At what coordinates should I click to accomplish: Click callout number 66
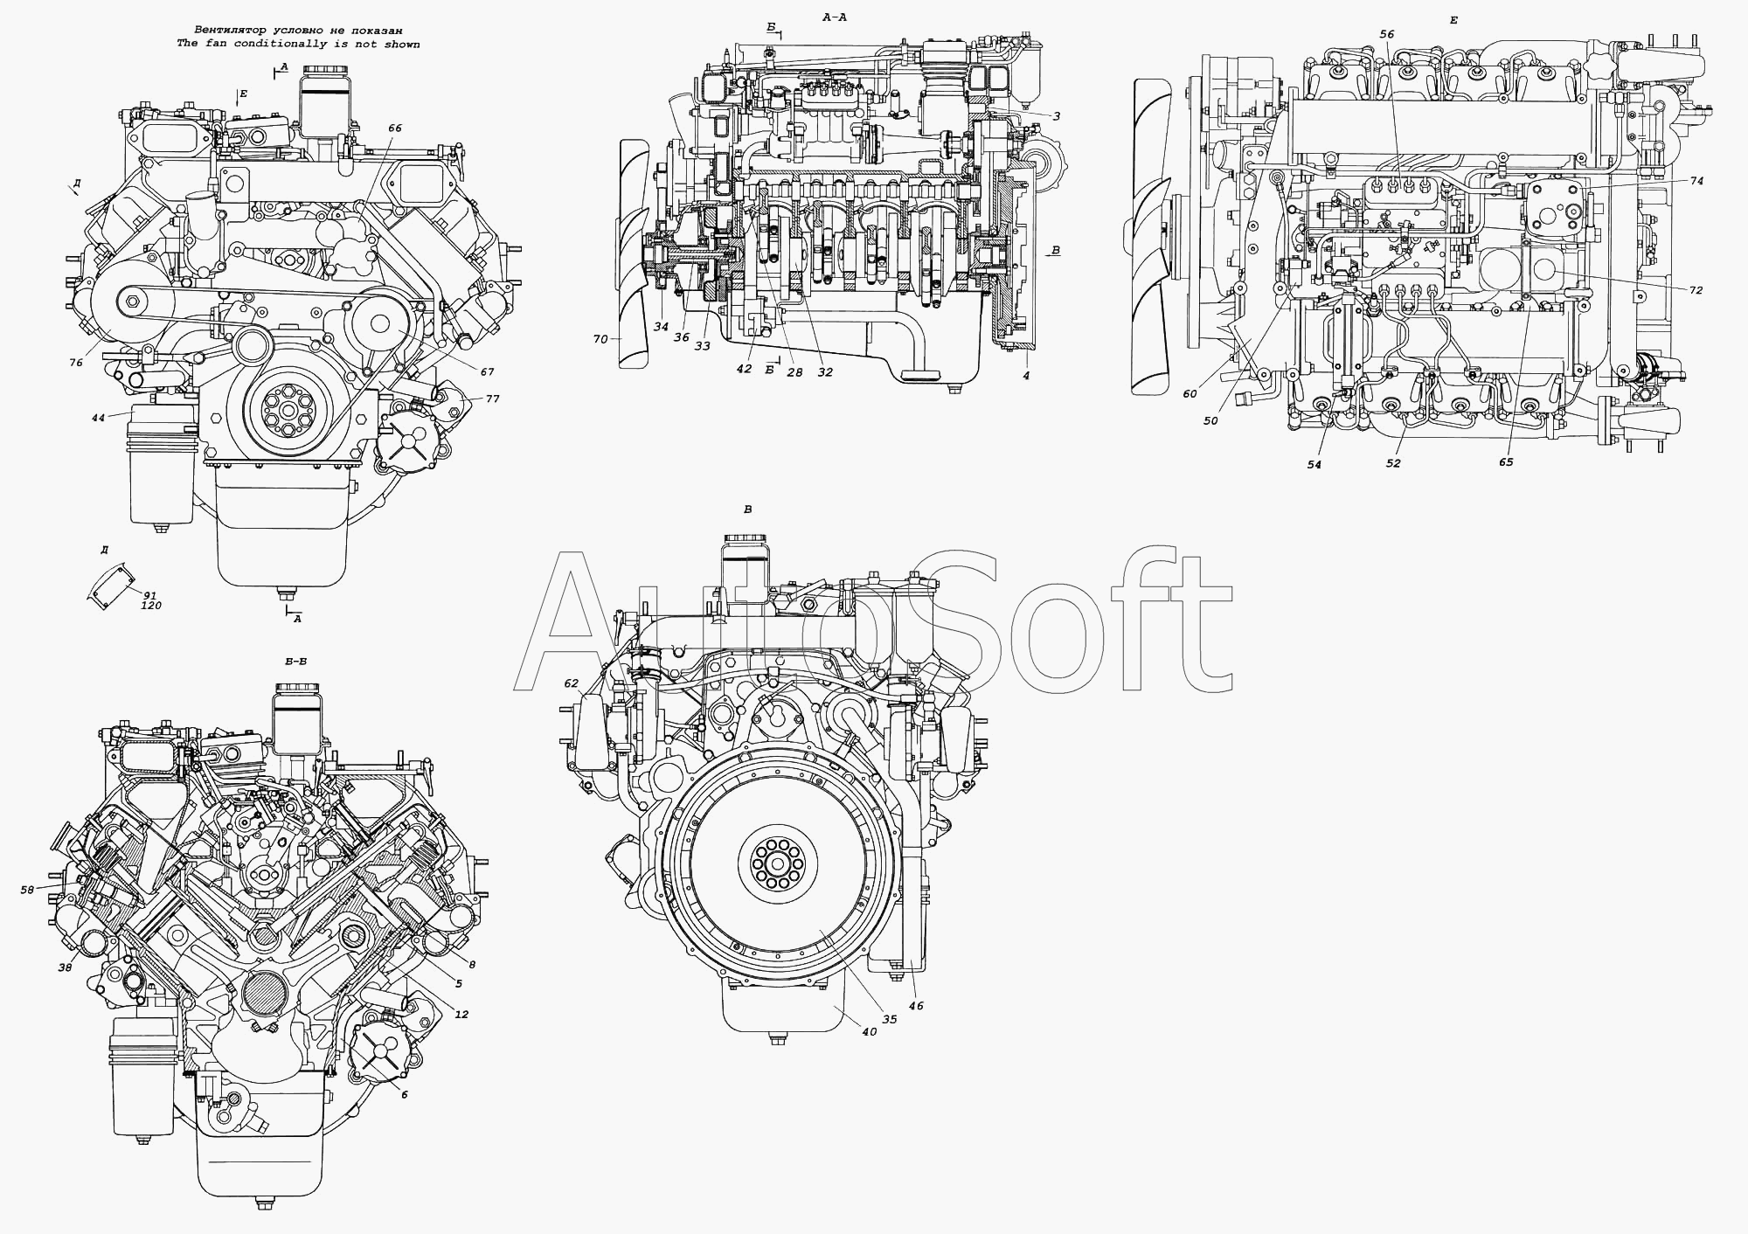coord(394,128)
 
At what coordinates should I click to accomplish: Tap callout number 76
coord(77,363)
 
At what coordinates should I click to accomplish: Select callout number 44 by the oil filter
coord(98,419)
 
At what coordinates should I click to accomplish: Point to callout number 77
coord(493,399)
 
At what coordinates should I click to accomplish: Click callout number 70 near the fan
coord(600,339)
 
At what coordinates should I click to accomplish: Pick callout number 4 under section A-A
coord(1026,376)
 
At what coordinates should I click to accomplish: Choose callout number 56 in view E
coord(1387,34)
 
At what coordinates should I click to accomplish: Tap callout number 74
coord(1696,181)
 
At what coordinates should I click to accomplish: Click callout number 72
coord(1696,290)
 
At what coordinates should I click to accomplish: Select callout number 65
coord(1505,462)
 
